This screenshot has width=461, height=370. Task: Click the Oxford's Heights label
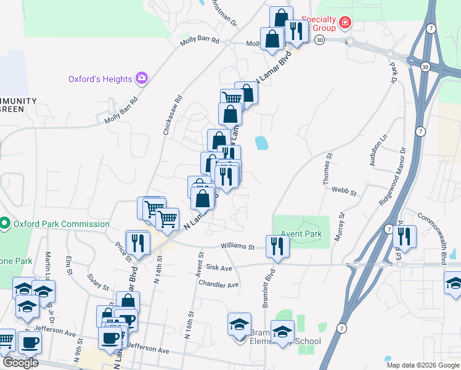(x=100, y=79)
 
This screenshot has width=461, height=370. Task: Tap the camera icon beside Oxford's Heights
(x=142, y=78)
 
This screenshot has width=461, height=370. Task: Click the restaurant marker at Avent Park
(x=277, y=247)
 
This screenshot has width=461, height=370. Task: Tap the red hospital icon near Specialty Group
(x=345, y=23)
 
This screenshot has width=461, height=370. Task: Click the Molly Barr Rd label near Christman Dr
(x=200, y=41)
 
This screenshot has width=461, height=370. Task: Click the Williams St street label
(x=239, y=247)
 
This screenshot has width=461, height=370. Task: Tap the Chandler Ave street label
(x=218, y=285)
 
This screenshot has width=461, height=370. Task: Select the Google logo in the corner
(x=20, y=363)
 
